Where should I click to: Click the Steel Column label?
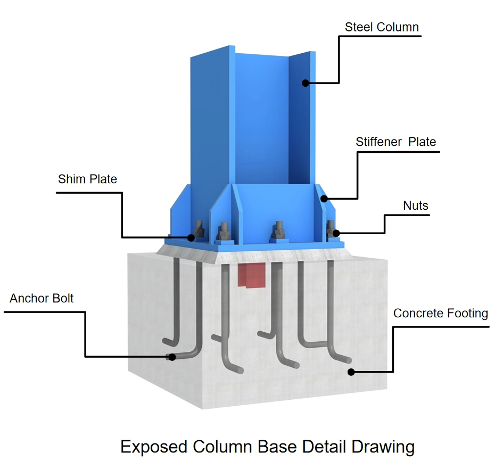point(382,27)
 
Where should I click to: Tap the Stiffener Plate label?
point(395,142)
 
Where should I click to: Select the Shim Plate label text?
point(87,179)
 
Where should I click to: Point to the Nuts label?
point(416,205)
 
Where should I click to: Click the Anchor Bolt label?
point(42,298)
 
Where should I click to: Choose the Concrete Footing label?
point(440,313)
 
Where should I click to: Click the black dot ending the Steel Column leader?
point(306,83)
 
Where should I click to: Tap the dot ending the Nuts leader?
point(336,233)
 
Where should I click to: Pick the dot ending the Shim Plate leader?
point(189,237)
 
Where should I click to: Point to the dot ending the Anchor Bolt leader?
point(170,357)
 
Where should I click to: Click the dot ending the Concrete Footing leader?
point(350,372)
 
